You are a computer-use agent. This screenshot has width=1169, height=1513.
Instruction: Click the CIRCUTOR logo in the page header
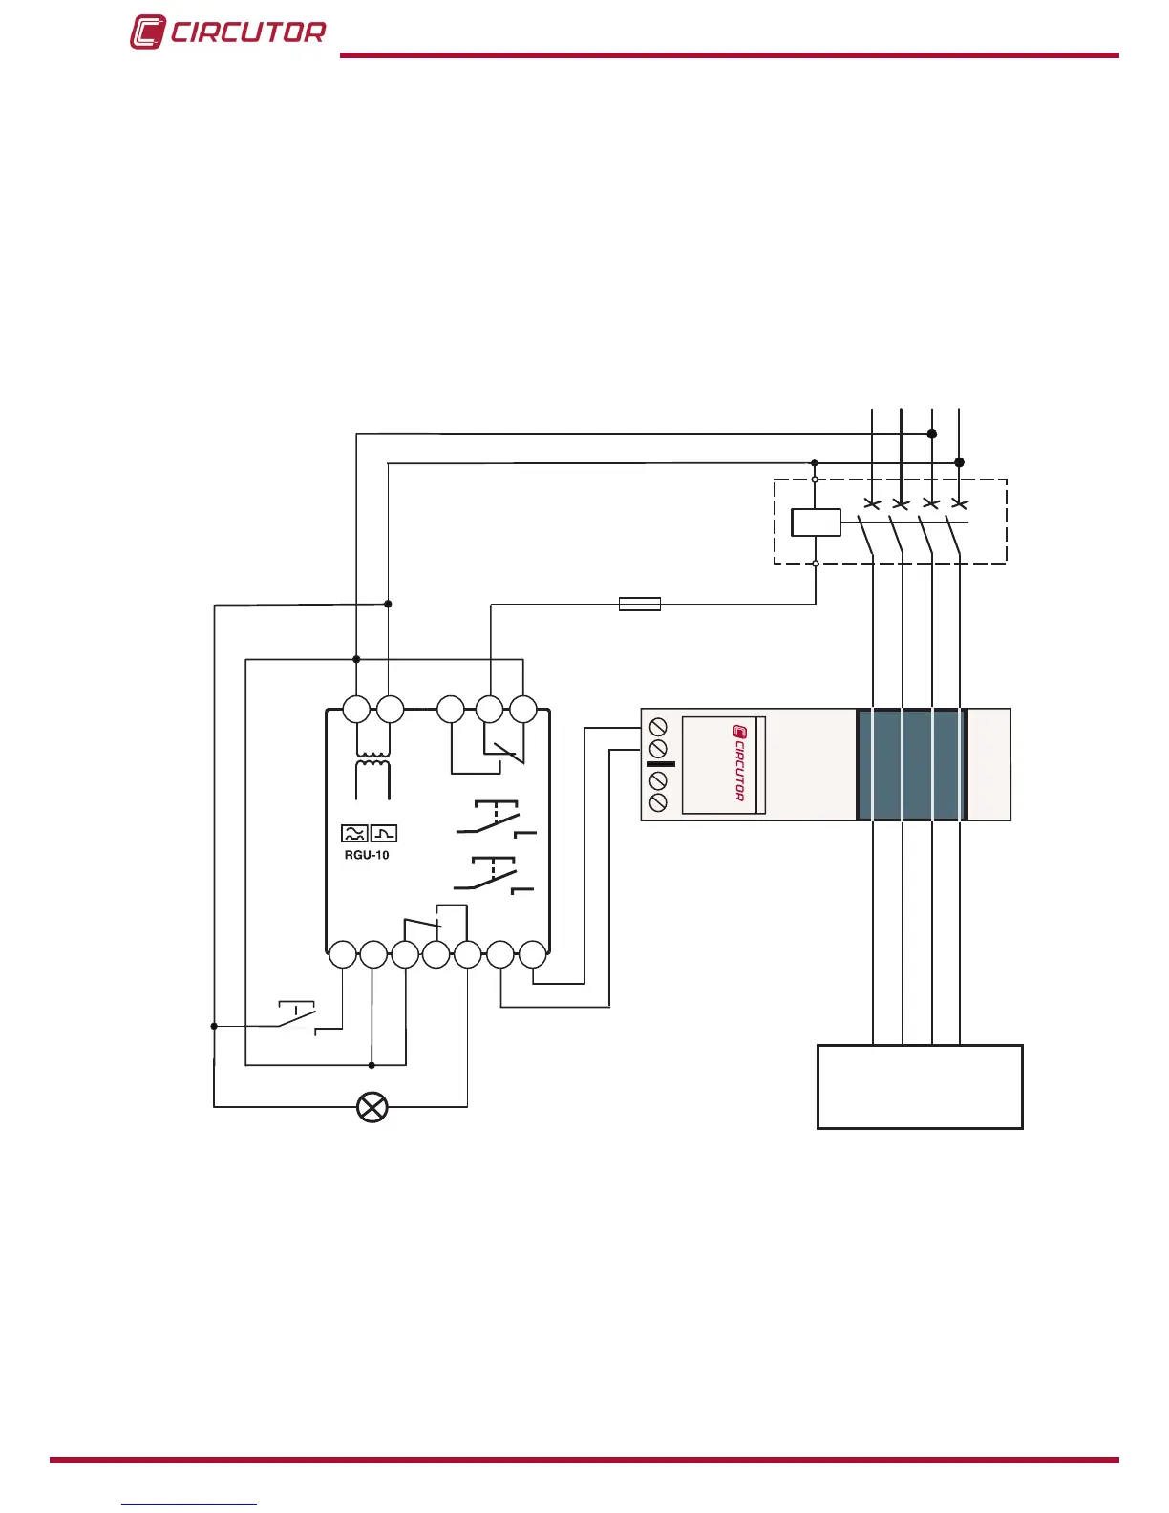tap(227, 32)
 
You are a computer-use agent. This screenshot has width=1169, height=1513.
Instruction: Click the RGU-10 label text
tap(367, 855)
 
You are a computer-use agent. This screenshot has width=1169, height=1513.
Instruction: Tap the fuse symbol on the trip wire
tap(640, 604)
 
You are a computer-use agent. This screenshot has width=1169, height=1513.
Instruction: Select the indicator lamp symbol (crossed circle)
tap(372, 1107)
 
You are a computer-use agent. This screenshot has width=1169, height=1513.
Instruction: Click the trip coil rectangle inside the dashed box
tap(816, 522)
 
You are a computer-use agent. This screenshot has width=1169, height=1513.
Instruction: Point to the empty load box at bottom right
tap(920, 1087)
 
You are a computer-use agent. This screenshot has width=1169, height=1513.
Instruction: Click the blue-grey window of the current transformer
tap(912, 764)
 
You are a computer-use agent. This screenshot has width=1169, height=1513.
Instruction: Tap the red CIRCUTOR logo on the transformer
tap(738, 763)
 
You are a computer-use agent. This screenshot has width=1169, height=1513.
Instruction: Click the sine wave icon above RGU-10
tap(354, 834)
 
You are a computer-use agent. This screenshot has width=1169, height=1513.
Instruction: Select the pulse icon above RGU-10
tap(384, 834)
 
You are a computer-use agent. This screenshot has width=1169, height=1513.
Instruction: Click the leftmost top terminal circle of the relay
tap(356, 710)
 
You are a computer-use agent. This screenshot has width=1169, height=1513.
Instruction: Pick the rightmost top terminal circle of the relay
tap(523, 710)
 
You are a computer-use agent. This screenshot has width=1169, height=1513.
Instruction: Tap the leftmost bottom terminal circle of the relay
tap(342, 954)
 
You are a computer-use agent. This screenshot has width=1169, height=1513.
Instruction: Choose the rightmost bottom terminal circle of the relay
tap(533, 954)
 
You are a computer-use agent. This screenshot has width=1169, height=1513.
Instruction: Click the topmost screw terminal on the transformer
tap(658, 725)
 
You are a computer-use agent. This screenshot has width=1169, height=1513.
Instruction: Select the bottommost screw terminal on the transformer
tap(658, 803)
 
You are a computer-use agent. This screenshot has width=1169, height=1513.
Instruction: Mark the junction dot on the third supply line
tap(932, 434)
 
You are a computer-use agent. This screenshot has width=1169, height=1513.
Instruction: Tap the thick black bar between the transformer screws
tap(661, 764)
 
